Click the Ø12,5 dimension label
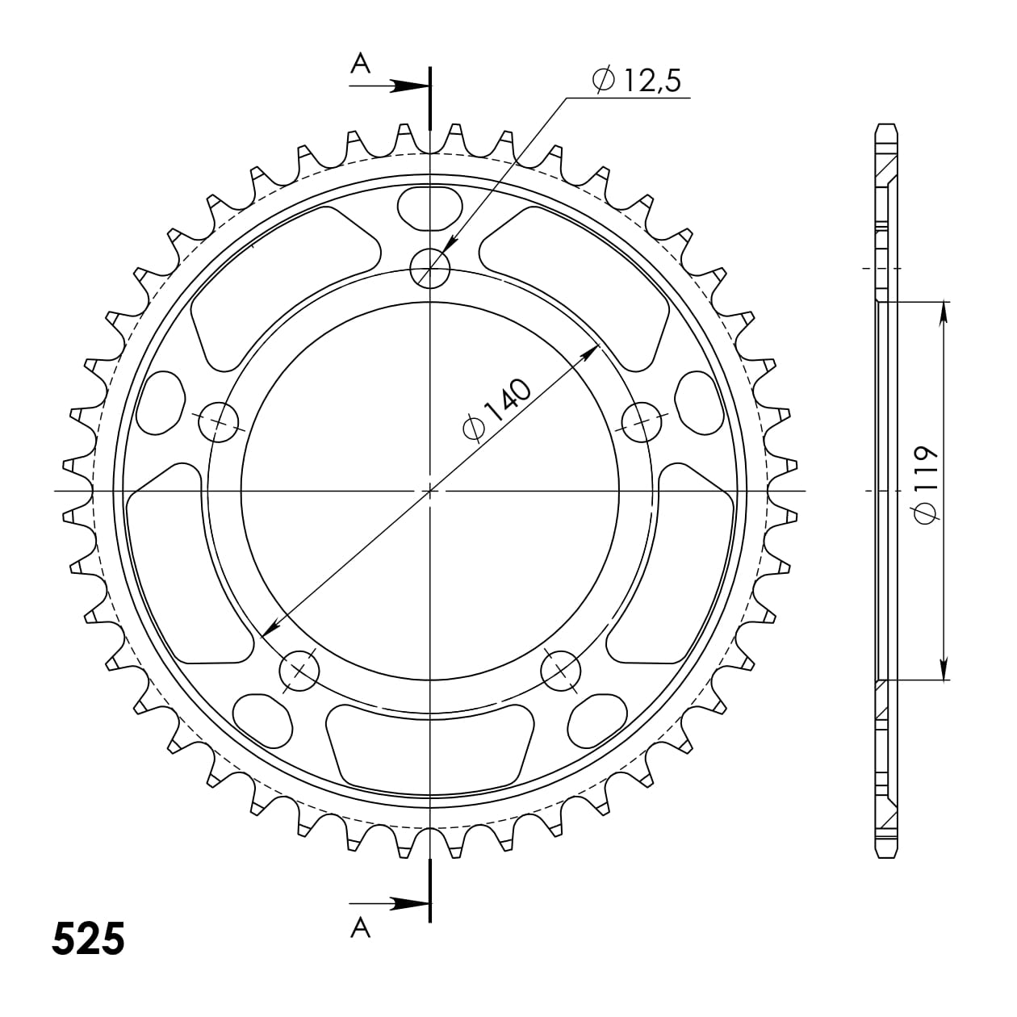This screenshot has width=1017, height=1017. tap(638, 80)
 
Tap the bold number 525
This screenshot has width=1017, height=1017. tap(89, 939)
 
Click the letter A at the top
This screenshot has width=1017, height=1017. tap(360, 64)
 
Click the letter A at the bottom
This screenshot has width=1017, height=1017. tap(360, 929)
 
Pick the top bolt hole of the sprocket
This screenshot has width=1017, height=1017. tap(430, 267)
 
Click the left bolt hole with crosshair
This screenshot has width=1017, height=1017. tap(219, 421)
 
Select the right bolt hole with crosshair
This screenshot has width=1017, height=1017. tap(642, 421)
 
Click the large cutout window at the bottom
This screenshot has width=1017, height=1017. tap(430, 741)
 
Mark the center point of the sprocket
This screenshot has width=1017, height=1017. tap(430, 491)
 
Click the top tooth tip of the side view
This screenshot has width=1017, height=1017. tap(885, 128)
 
